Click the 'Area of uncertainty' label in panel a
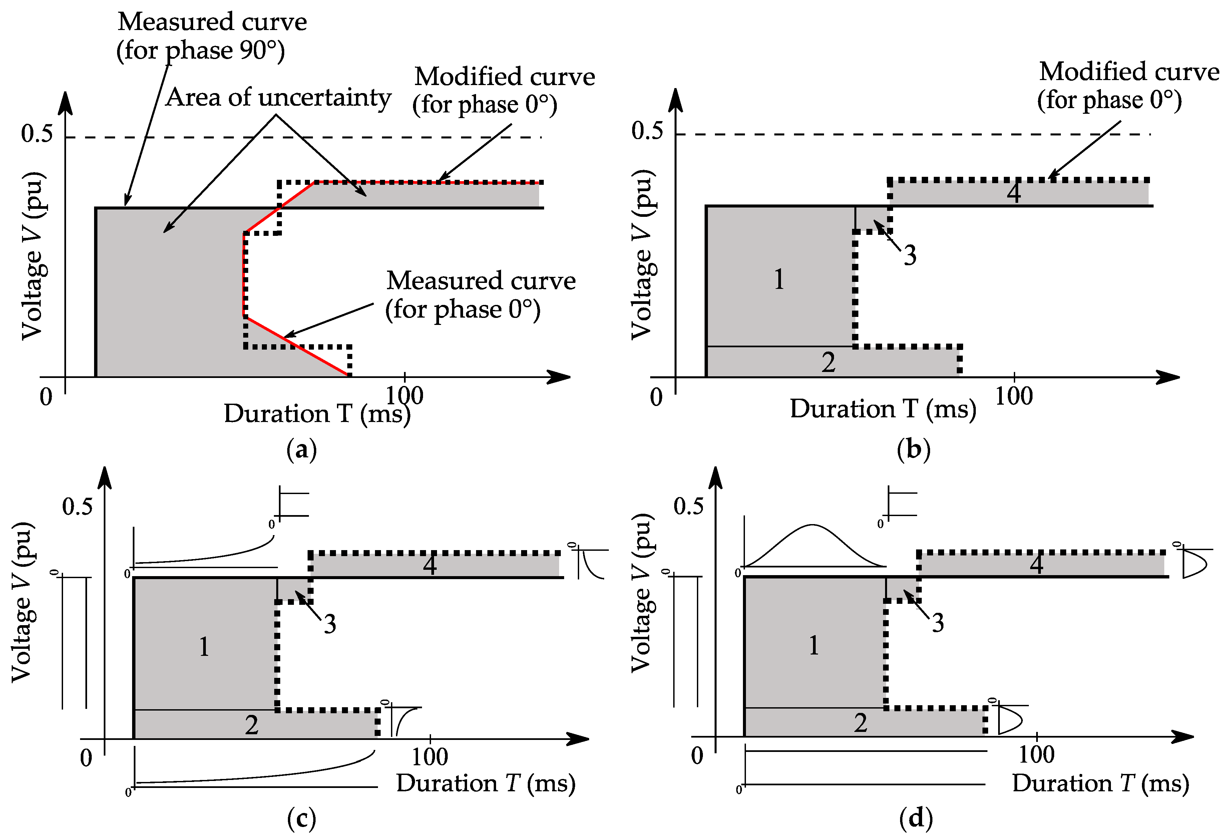[x=278, y=98]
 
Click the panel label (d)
[x=916, y=818]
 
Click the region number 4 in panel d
[x=1036, y=564]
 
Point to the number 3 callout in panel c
[x=330, y=624]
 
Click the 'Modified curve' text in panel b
[x=1129, y=72]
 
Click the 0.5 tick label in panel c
[x=77, y=506]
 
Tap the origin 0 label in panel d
[x=697, y=756]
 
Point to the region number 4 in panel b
[x=1013, y=193]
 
